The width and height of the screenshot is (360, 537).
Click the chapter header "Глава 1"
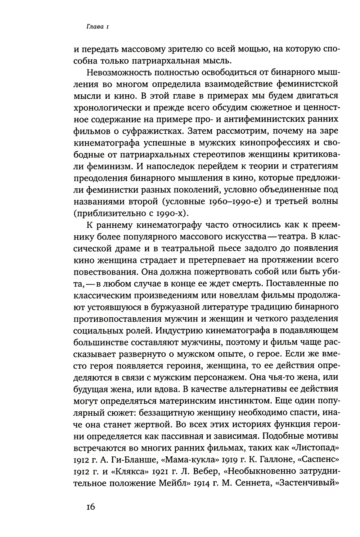coord(93,26)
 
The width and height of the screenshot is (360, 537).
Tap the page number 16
coord(90,507)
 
